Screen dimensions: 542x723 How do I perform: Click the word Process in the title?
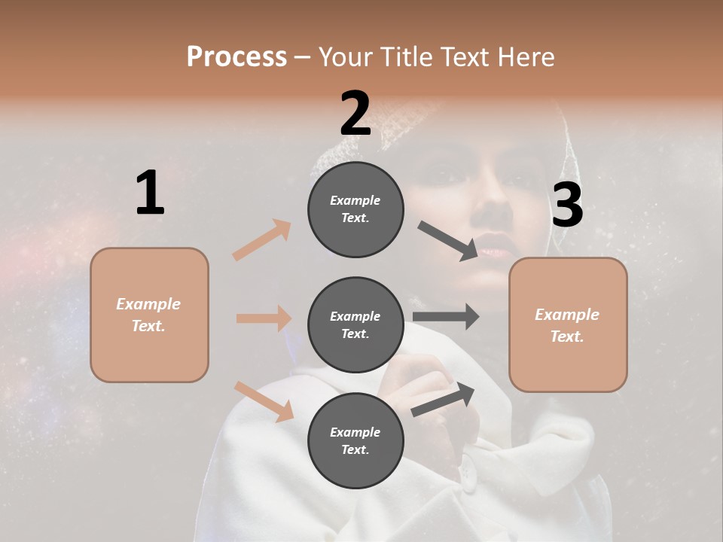coord(236,57)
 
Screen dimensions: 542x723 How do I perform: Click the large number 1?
coord(150,193)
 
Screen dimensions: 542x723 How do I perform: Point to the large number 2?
coord(355,114)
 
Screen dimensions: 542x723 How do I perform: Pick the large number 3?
coord(567,206)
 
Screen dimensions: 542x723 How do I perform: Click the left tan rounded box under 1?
coord(149,315)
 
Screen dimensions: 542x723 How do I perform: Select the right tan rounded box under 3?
coord(568,325)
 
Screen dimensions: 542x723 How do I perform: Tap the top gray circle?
coord(355,209)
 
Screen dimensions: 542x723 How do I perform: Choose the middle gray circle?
coord(355,325)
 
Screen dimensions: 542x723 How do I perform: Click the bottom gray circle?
coord(355,441)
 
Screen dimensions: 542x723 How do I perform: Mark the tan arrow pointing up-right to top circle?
coord(262,240)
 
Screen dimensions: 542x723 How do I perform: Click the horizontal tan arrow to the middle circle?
coord(264,318)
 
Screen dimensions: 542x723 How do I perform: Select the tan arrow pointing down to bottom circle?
coord(264,401)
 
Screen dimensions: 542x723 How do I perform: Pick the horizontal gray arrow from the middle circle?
coord(446,317)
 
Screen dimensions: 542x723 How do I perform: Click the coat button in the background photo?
coord(468,473)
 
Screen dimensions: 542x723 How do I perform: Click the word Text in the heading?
coord(463,57)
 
